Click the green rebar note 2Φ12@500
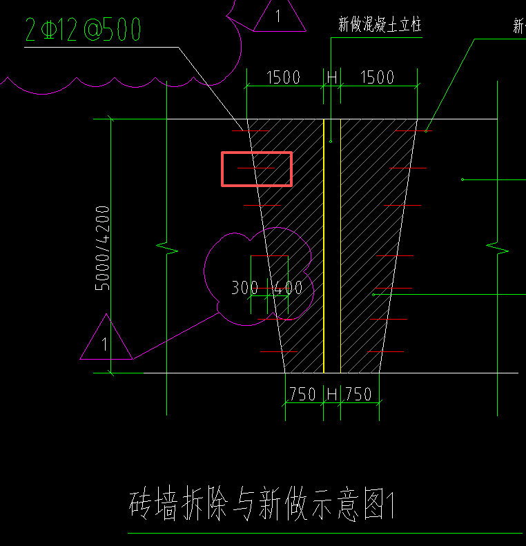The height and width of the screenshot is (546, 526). tap(84, 30)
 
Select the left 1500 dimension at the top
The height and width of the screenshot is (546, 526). tap(283, 77)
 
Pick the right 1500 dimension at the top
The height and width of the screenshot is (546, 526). tap(377, 77)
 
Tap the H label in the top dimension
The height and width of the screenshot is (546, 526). tap(332, 77)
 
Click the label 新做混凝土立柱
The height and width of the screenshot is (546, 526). tap(379, 26)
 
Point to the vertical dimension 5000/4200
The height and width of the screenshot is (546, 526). tap(102, 247)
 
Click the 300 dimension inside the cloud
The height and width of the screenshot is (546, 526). tap(244, 287)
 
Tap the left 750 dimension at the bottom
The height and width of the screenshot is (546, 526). tap(302, 394)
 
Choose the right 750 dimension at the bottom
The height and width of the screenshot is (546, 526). tap(358, 394)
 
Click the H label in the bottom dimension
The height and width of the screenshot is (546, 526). tap(332, 394)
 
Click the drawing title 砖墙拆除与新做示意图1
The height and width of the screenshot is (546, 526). tap(261, 505)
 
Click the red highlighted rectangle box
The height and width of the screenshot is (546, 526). tap(257, 169)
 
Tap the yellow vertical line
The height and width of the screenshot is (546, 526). tap(324, 245)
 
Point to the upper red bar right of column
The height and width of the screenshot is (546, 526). tap(395, 256)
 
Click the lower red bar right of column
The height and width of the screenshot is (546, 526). tap(389, 320)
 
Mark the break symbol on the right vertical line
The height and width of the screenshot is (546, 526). tap(497, 246)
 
